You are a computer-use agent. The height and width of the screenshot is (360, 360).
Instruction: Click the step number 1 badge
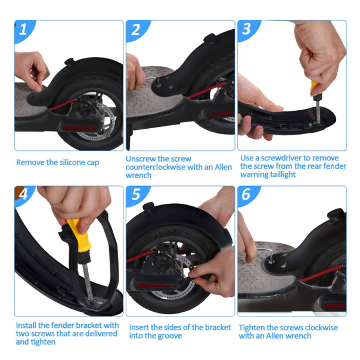24,30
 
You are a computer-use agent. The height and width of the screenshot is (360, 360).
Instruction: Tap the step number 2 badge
136,30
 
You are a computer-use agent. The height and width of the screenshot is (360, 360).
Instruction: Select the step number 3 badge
247,29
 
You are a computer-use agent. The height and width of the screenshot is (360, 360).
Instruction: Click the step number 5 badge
136,195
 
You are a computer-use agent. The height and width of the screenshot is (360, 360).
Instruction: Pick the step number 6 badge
246,195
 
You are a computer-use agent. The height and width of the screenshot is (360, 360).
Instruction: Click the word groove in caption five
170,336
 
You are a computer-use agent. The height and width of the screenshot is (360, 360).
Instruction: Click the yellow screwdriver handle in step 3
315,88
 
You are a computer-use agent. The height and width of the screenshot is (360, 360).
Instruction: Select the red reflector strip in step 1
79,128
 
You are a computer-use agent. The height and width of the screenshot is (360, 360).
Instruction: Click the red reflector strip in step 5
155,286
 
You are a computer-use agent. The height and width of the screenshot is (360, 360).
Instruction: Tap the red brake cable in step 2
206,91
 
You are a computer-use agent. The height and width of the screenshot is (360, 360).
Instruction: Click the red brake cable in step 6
321,273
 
